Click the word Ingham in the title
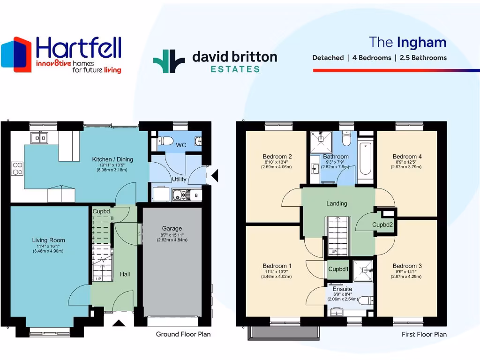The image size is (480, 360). tap(421, 42)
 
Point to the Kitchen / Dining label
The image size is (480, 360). tap(112, 159)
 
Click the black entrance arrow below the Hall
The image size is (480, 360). tap(118, 322)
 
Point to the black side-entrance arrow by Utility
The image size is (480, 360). tap(214, 176)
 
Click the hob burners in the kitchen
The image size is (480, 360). tap(17, 168)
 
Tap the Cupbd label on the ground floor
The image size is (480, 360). tap(101, 211)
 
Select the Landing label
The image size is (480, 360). tap(337, 203)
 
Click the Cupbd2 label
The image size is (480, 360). tap(382, 225)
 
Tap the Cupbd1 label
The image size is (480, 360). tap(338, 269)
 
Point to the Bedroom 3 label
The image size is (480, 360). tap(407, 266)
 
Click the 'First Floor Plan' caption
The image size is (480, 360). tap(424, 334)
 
